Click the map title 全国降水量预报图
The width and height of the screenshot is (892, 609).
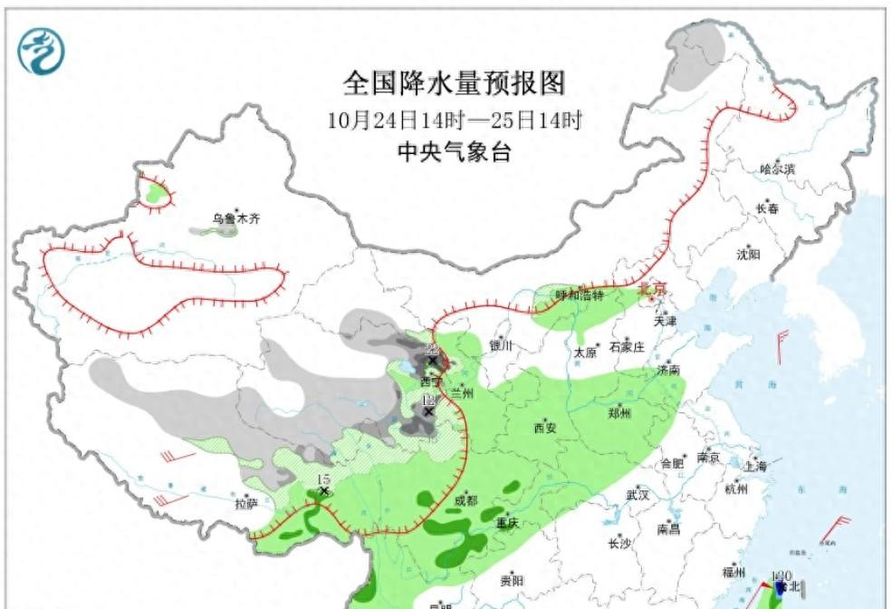coord(454,84)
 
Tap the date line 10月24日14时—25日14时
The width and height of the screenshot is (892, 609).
coord(454,119)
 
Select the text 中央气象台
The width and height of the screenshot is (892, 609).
coord(454,152)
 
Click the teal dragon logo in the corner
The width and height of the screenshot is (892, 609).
coord(42,51)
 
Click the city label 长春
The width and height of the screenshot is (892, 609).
coord(766,209)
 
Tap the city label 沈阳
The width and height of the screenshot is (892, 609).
coord(749,255)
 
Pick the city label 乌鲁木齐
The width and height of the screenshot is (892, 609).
coord(235,218)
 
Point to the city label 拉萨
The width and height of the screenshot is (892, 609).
coord(246,504)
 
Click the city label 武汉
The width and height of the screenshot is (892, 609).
coord(638,495)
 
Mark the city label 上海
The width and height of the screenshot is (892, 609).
coord(754,466)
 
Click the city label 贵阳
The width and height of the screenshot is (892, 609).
coord(511,581)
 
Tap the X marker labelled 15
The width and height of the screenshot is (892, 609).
coord(323,490)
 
